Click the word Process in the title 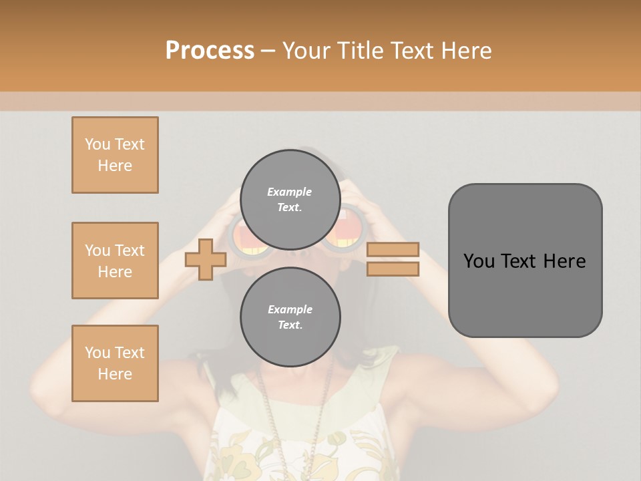(x=210, y=51)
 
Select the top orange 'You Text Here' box (x=115, y=155)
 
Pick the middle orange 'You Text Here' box (x=115, y=261)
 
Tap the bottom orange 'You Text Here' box (x=115, y=363)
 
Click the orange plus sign (x=205, y=260)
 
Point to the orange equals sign (x=393, y=259)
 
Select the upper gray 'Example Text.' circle (x=290, y=200)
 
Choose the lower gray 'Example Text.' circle (x=290, y=317)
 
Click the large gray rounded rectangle (x=525, y=261)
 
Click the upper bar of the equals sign (x=393, y=250)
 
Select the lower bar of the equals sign (x=393, y=269)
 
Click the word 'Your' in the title (x=306, y=51)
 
